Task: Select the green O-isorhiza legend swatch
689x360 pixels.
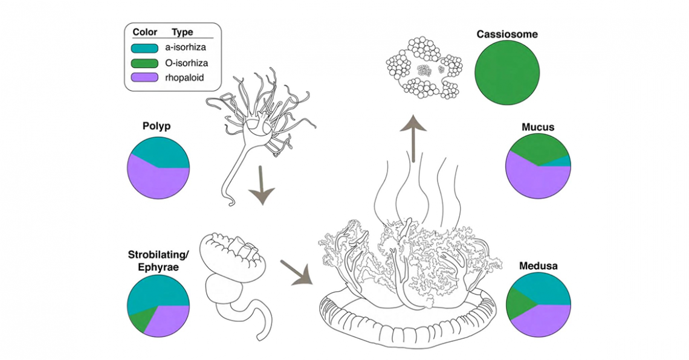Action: pos(144,63)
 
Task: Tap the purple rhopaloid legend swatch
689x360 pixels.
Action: pos(144,77)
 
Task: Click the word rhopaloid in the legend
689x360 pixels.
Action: pos(184,77)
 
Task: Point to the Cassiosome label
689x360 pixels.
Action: pos(507,34)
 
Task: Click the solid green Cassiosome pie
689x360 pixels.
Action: pos(507,75)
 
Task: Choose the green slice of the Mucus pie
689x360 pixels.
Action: pos(535,148)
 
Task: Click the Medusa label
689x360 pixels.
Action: pos(537,265)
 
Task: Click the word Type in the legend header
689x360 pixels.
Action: pos(183,33)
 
